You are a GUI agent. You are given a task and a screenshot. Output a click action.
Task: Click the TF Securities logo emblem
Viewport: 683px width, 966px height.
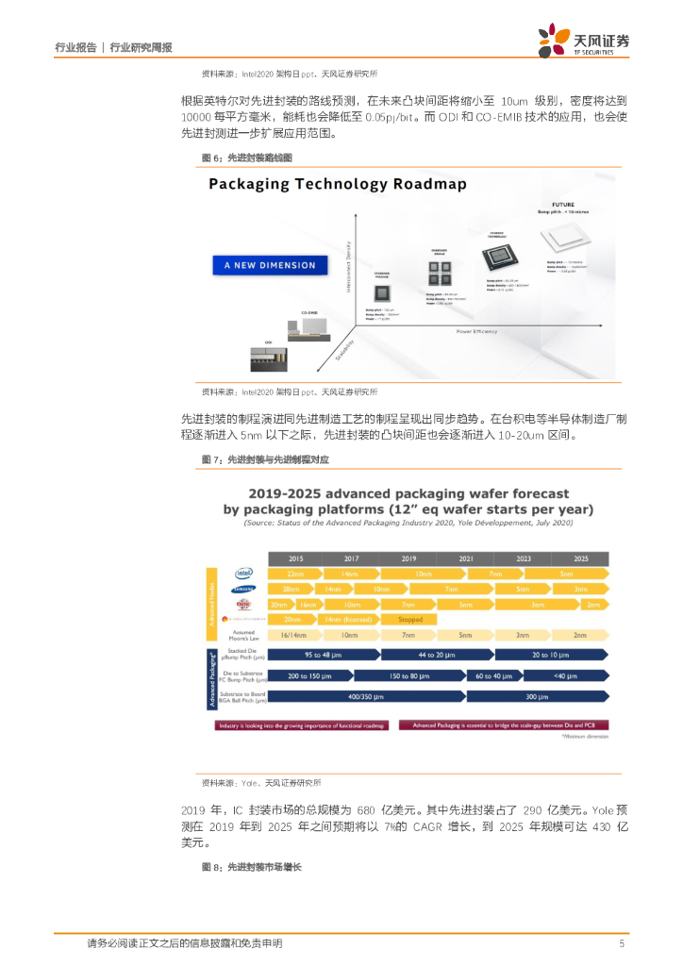tap(553, 41)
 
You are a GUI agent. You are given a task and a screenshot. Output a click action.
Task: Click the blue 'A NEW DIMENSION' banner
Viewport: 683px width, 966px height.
tap(270, 265)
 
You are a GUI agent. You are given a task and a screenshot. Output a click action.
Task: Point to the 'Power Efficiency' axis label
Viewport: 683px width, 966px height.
tap(477, 331)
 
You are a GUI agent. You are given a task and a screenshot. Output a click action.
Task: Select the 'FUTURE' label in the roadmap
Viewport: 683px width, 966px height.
tap(563, 203)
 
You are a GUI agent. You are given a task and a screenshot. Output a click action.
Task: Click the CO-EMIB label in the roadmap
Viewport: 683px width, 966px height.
tap(309, 312)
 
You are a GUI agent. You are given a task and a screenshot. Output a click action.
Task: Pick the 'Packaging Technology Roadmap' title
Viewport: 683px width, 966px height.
tap(338, 184)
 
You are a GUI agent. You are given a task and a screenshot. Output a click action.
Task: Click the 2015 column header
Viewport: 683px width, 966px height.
tap(296, 558)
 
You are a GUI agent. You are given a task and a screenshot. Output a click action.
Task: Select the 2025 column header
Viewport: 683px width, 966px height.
tap(580, 558)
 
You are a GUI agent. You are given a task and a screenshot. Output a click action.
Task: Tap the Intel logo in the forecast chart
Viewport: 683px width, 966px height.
tap(243, 573)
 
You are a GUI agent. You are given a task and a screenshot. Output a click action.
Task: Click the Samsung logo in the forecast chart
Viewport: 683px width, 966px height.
tap(243, 589)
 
